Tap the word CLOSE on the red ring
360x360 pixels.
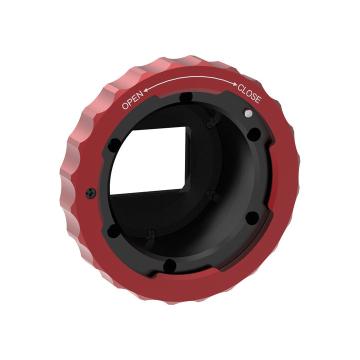pyautogui.click(x=248, y=94)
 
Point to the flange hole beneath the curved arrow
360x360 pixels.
pyautogui.click(x=186, y=97)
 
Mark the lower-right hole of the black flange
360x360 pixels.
pyautogui.click(x=253, y=217)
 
